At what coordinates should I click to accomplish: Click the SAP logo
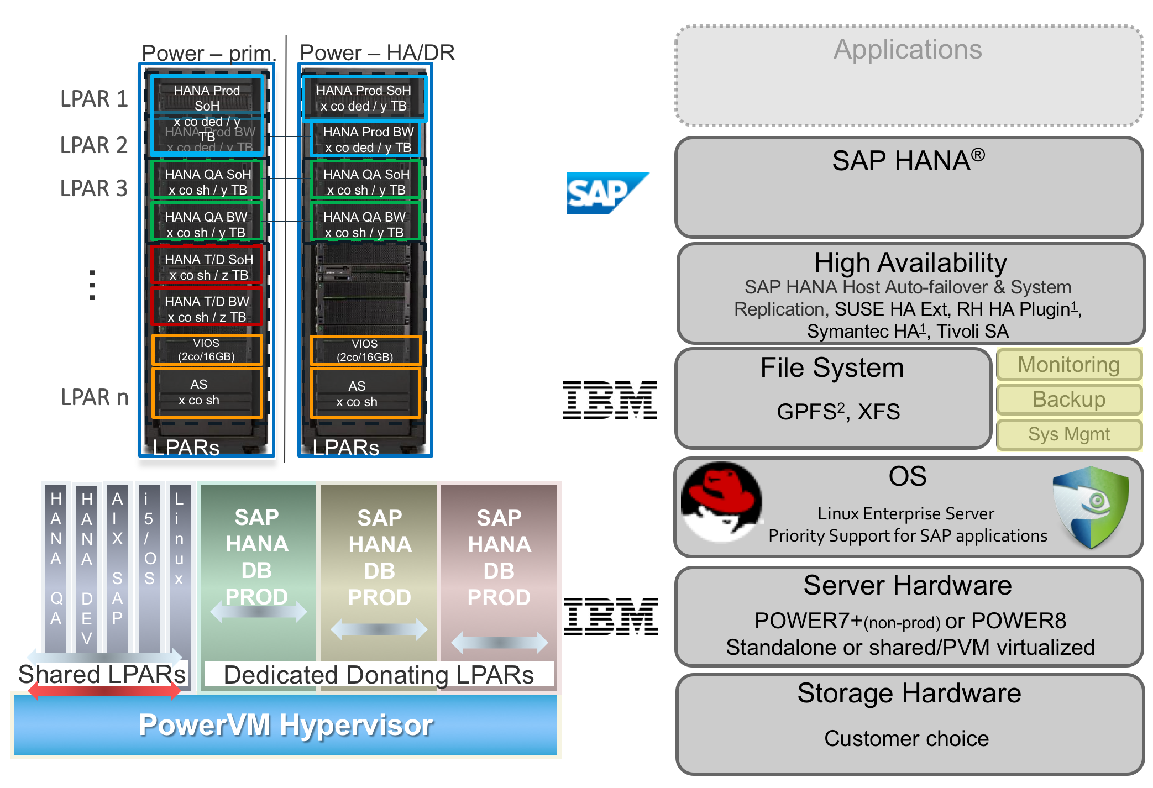coord(607,193)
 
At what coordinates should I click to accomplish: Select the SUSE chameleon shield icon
coord(1091,506)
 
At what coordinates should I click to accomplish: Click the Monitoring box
coord(1069,365)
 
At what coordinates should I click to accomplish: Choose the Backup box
coord(1069,400)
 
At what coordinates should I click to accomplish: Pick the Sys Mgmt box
coord(1069,434)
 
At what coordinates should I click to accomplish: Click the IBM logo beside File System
coord(610,400)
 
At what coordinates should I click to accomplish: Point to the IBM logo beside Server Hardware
coord(611,616)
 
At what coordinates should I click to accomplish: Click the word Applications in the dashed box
coord(908,50)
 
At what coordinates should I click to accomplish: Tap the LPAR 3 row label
coord(94,188)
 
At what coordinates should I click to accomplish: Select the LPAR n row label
coord(95,397)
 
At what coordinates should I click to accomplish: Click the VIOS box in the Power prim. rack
coord(207,350)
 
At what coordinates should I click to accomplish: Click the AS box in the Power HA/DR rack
coord(365,393)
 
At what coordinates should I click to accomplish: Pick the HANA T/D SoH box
coord(207,267)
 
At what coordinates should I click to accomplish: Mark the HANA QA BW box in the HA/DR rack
coord(365,224)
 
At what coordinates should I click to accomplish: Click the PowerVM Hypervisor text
coord(285,725)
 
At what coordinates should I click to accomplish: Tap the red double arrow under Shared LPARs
coord(104,690)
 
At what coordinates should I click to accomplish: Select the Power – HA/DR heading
coord(377,53)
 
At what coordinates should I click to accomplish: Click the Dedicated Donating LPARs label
coord(379,675)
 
